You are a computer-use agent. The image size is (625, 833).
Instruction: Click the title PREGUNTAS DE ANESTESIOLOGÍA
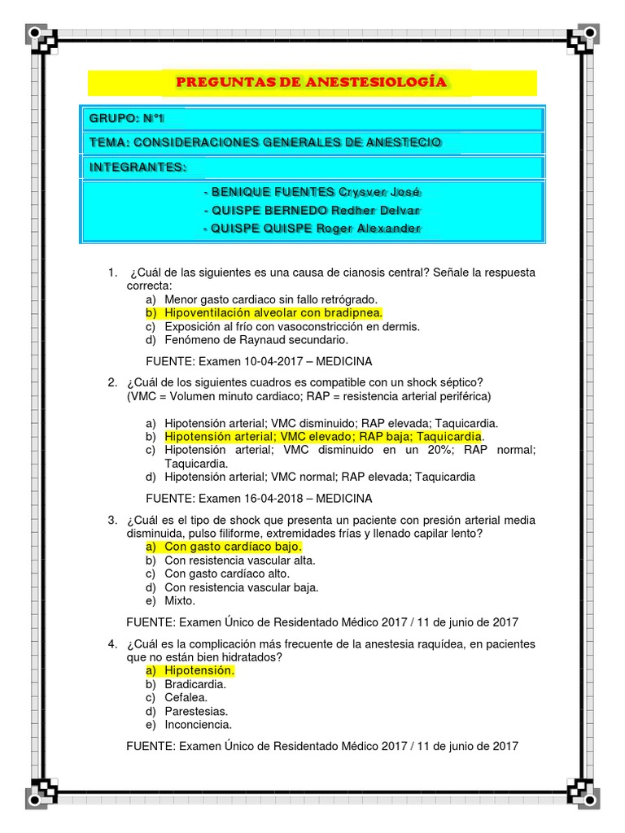pyautogui.click(x=311, y=83)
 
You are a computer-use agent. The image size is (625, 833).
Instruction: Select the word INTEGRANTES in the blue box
pyautogui.click(x=137, y=168)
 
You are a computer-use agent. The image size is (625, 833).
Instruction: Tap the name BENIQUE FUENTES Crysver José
pyautogui.click(x=312, y=192)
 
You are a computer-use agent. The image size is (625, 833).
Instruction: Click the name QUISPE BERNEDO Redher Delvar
pyautogui.click(x=312, y=210)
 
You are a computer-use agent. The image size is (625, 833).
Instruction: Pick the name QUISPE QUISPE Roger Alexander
pyautogui.click(x=312, y=229)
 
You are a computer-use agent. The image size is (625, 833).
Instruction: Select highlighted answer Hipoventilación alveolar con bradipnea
pyautogui.click(x=273, y=313)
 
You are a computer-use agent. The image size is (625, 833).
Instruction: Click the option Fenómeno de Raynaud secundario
pyautogui.click(x=256, y=340)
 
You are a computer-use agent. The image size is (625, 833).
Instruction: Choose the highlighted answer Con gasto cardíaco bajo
pyautogui.click(x=233, y=547)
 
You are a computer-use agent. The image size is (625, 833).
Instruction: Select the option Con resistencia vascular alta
pyautogui.click(x=239, y=560)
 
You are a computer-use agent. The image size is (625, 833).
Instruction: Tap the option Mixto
pyautogui.click(x=180, y=601)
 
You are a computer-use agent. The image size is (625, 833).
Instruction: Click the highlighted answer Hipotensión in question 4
pyautogui.click(x=199, y=670)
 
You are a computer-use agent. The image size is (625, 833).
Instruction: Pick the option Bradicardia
pyautogui.click(x=195, y=684)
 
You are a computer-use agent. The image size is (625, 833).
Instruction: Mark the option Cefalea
pyautogui.click(x=186, y=697)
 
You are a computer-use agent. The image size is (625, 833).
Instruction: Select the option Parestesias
pyautogui.click(x=196, y=711)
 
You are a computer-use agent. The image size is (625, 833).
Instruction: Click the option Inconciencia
pyautogui.click(x=198, y=724)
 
